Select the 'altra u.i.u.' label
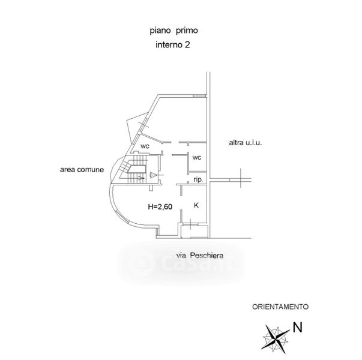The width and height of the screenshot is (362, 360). (246, 143)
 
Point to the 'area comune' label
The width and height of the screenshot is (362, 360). (82, 170)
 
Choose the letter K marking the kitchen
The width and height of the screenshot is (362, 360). (196, 205)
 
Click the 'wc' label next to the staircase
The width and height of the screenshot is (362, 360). (145, 146)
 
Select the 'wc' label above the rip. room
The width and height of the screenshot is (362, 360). (196, 157)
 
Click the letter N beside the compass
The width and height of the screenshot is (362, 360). (297, 328)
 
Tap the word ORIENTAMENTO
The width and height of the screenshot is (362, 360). (279, 306)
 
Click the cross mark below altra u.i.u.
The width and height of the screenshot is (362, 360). (240, 178)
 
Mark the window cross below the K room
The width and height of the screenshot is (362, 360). (190, 226)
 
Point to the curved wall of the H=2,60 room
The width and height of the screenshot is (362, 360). (117, 213)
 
